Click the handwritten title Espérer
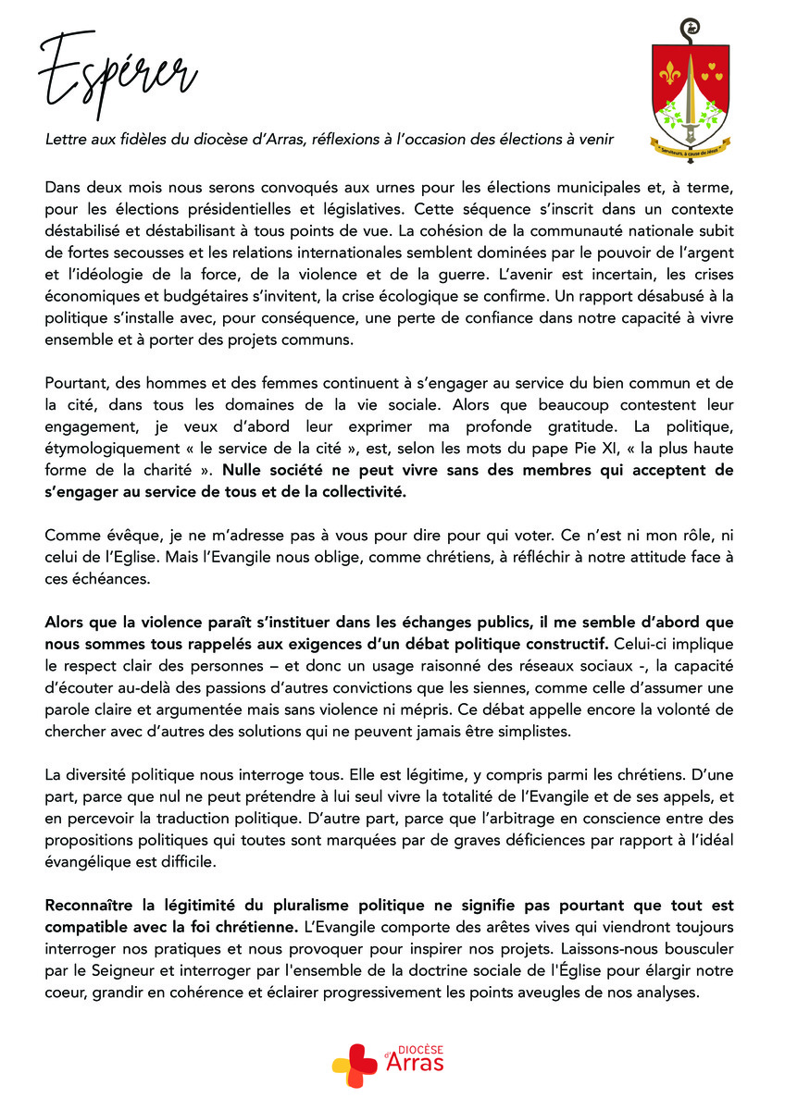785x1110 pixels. coord(117,72)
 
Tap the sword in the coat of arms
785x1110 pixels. coord(686,97)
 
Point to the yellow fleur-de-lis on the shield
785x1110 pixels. coord(670,71)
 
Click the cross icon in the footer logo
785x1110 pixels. coord(355,1066)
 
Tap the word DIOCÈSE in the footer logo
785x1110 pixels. coord(420,1051)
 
